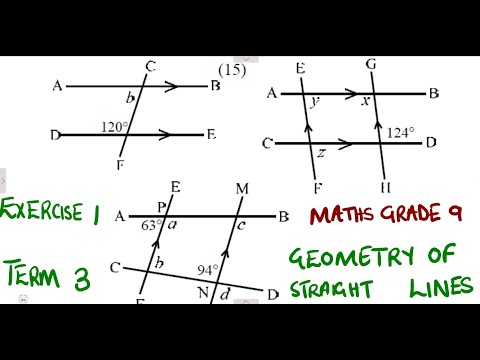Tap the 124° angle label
coord(399,132)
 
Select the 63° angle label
coord(150,225)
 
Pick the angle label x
coord(366,102)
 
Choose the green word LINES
coord(441,287)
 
